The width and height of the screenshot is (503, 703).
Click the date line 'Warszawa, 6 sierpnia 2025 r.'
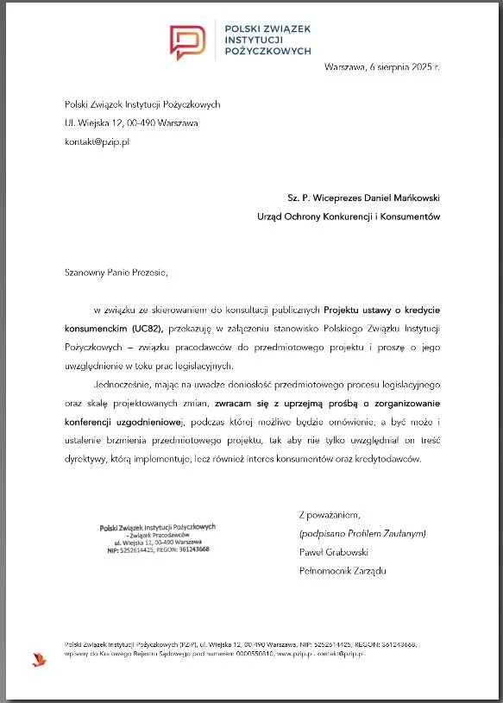pyautogui.click(x=381, y=67)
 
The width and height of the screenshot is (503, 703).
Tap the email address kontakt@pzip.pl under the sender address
pyautogui.click(x=97, y=141)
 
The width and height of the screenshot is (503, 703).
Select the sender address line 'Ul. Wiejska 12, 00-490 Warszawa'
pyautogui.click(x=131, y=122)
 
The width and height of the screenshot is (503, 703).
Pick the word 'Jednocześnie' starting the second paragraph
pyautogui.click(x=123, y=385)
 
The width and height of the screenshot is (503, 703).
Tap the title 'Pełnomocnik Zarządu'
pyautogui.click(x=343, y=572)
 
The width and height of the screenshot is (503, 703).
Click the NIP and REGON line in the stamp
pyautogui.click(x=158, y=549)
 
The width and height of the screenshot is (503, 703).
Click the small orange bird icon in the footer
pyautogui.click(x=38, y=659)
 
